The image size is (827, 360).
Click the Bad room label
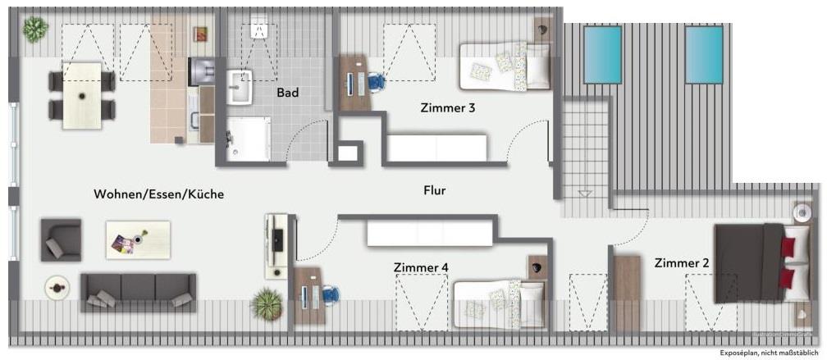[287, 93]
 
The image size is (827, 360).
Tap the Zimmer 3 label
[447, 107]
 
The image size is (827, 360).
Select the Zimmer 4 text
[421, 267]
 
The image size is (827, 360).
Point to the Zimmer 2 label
[682, 263]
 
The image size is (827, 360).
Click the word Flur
[434, 191]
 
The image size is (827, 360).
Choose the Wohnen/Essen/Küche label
[158, 194]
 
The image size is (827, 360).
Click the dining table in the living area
[82, 95]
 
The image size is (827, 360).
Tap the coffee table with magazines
[138, 239]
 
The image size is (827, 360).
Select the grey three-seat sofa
[138, 291]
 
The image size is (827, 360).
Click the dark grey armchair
[61, 239]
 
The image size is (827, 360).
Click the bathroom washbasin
[240, 87]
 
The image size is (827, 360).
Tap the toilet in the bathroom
[260, 30]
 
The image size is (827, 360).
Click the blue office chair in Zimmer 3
[376, 82]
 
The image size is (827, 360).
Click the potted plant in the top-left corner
[34, 30]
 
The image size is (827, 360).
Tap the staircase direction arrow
[585, 194]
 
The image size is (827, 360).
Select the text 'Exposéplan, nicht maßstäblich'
[769, 353]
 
